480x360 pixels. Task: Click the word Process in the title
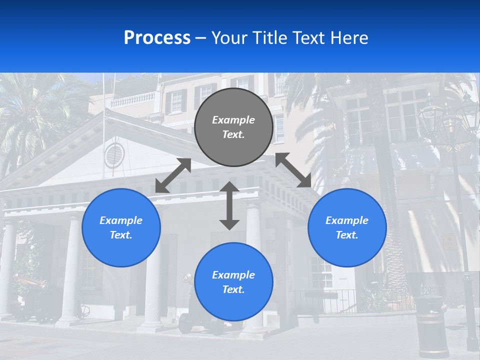(x=157, y=38)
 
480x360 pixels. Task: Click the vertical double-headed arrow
(x=229, y=205)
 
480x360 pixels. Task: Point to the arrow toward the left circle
(x=173, y=175)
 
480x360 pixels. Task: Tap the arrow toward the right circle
(x=293, y=170)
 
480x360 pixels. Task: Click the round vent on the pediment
(x=113, y=154)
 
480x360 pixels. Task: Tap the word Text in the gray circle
(x=233, y=134)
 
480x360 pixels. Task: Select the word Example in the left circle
(x=121, y=220)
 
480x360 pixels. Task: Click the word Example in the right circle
(x=347, y=220)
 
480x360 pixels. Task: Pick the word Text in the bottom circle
(x=233, y=289)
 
